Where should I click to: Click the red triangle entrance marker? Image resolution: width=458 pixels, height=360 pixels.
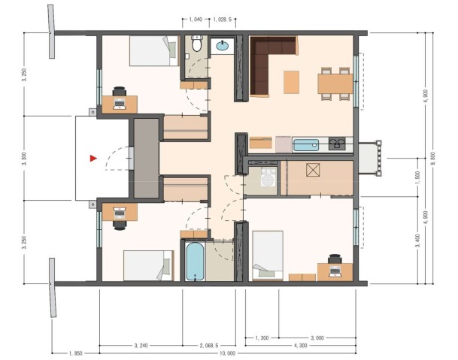pyautogui.click(x=93, y=158)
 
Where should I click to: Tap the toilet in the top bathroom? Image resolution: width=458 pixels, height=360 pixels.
pyautogui.click(x=196, y=46)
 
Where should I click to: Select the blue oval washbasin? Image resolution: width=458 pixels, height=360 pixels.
pyautogui.click(x=223, y=47)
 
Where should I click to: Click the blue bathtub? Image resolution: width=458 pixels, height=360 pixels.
pyautogui.click(x=195, y=260)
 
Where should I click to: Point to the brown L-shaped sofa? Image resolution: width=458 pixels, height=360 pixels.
pyautogui.click(x=265, y=68)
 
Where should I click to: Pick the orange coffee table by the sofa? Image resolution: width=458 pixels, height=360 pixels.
pyautogui.click(x=290, y=80)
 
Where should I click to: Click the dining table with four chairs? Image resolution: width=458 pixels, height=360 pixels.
pyautogui.click(x=335, y=82)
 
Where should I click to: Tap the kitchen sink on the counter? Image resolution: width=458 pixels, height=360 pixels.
pyautogui.click(x=307, y=144)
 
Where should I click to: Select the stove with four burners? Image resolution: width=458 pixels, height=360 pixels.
pyautogui.click(x=336, y=144)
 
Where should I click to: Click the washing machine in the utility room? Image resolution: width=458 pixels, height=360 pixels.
pyautogui.click(x=267, y=178)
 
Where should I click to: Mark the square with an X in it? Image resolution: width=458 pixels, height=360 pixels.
pyautogui.click(x=312, y=170)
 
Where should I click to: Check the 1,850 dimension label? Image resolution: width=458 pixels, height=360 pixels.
pyautogui.click(x=75, y=352)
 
